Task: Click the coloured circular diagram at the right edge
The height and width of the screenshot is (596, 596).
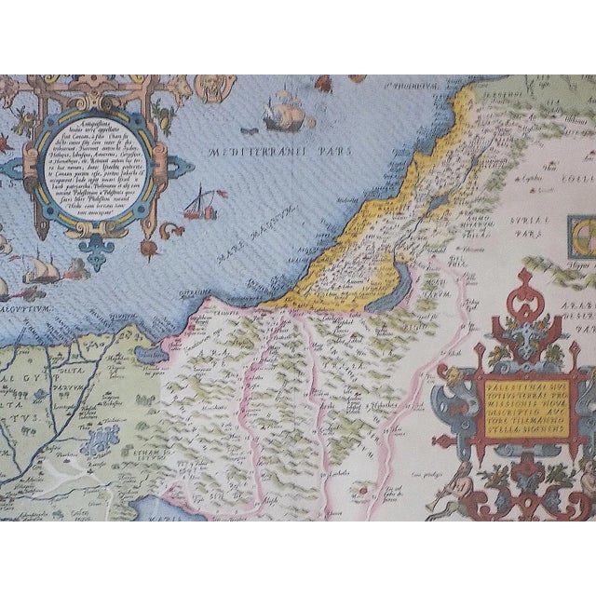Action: pos(585,229)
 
